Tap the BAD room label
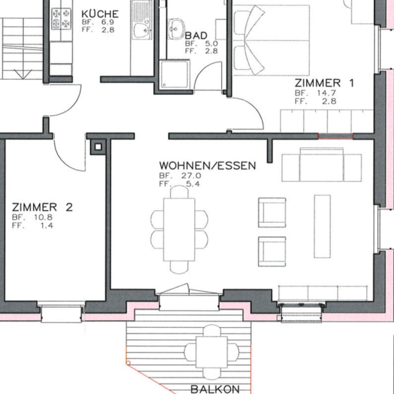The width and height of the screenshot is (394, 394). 196,36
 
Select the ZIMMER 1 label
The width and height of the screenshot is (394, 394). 324,83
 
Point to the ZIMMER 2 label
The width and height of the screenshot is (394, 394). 42,207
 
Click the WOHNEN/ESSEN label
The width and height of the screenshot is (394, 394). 207,166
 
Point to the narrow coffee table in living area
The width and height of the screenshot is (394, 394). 322,226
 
